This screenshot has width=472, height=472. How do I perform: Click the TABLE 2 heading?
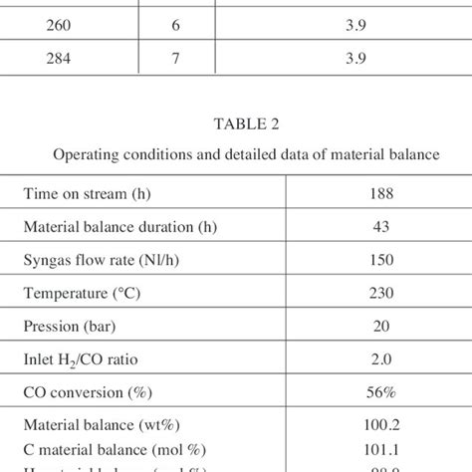click(235, 125)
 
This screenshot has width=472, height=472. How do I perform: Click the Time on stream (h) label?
click(87, 195)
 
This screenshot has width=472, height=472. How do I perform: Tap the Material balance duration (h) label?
click(120, 225)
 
